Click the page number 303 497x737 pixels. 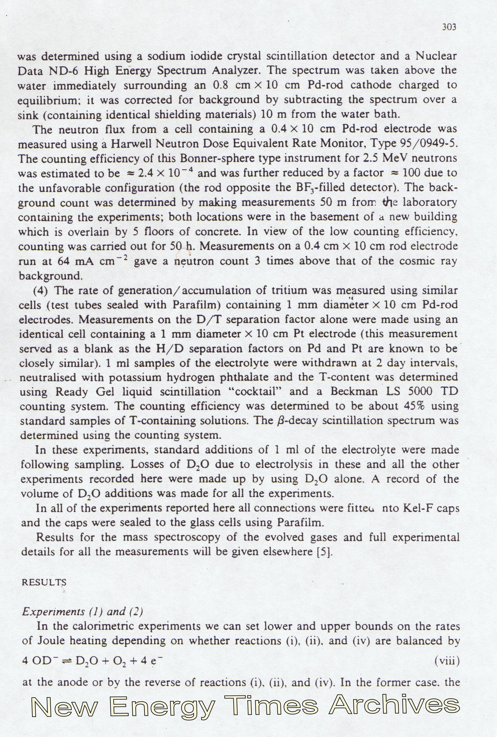click(449, 27)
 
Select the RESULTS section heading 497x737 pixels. click(44, 582)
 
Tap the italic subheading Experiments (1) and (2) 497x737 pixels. click(82, 611)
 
